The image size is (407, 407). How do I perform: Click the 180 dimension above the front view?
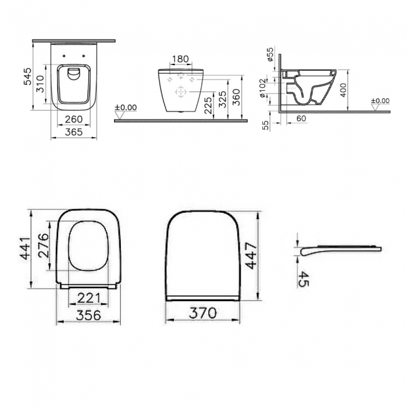(x=180, y=59)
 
